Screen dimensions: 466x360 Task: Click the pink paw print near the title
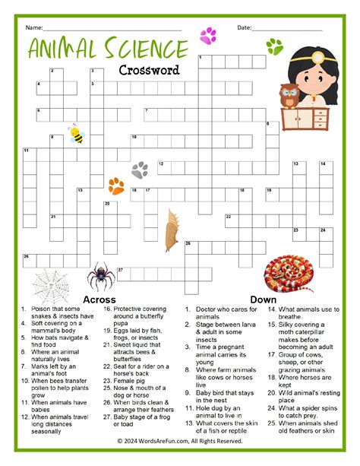click(207, 35)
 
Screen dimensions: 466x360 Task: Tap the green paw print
click(274, 48)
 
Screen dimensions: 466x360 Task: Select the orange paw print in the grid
click(116, 185)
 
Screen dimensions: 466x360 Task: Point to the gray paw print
click(140, 170)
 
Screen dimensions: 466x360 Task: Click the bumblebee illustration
click(76, 136)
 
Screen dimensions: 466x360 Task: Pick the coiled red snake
click(289, 273)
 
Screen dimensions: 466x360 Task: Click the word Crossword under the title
click(149, 70)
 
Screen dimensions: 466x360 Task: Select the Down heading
click(263, 300)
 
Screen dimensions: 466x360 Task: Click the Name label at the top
click(33, 27)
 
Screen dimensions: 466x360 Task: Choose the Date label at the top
click(244, 27)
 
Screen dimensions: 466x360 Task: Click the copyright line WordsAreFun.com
click(180, 440)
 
